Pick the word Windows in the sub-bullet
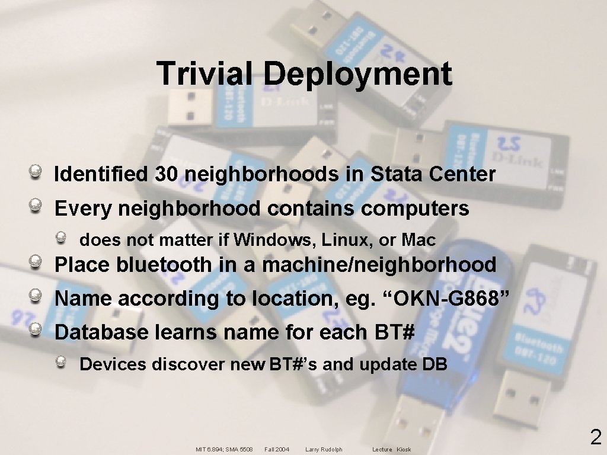[x=273, y=240]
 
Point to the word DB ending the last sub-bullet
[x=435, y=364]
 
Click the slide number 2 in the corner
[x=596, y=438]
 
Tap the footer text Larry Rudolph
[x=324, y=450]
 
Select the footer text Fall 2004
[x=277, y=450]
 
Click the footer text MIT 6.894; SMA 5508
[x=224, y=450]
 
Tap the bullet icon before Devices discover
[x=62, y=362]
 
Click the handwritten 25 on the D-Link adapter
[x=509, y=143]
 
